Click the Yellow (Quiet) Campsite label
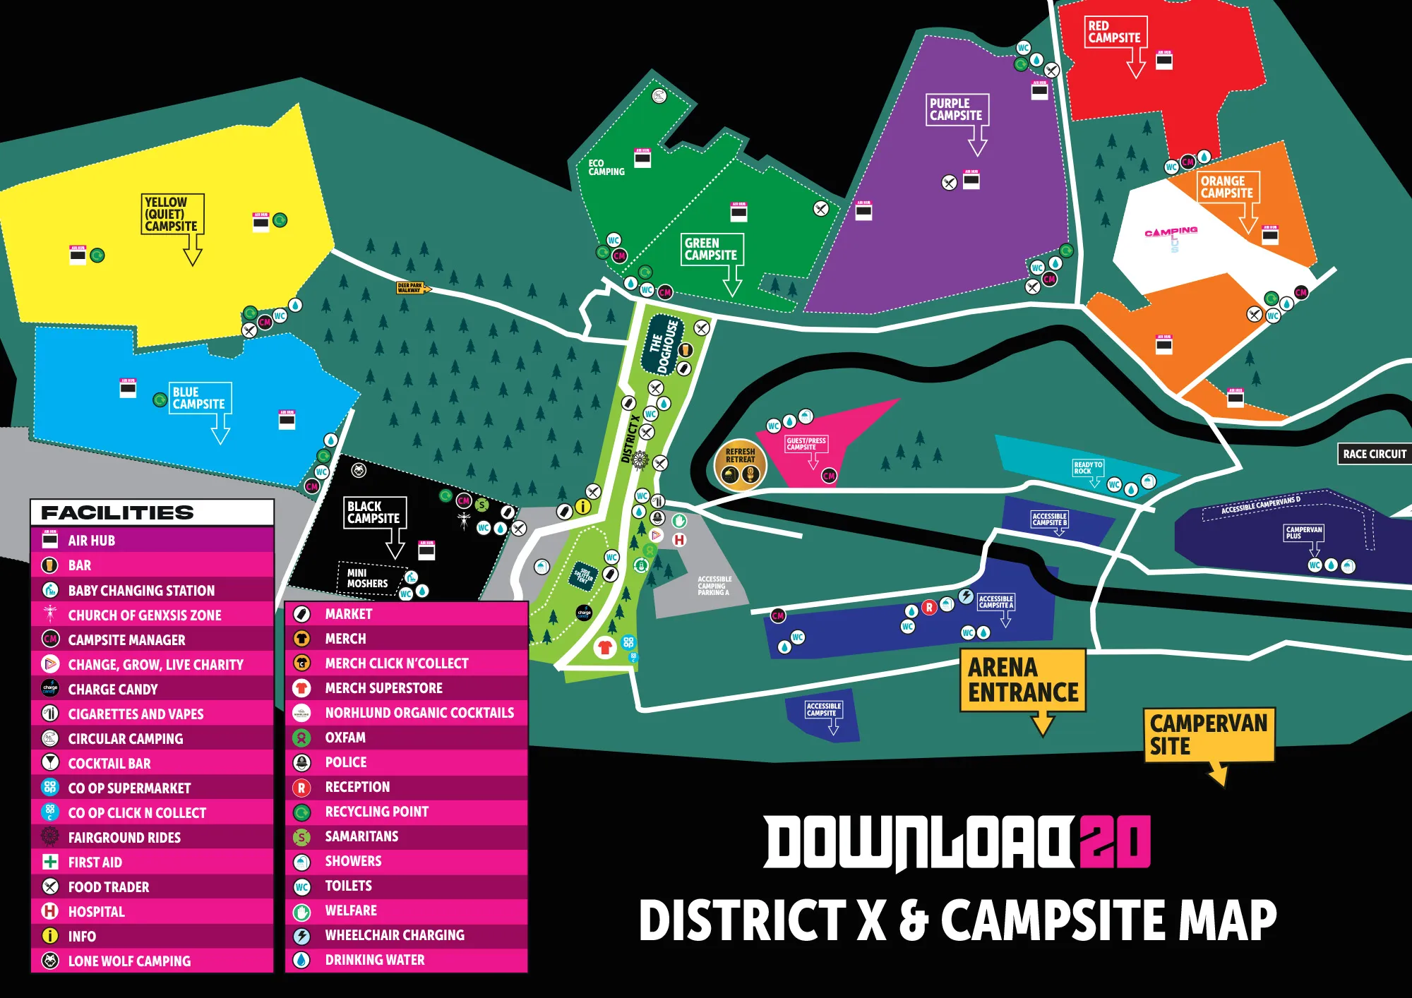tap(172, 214)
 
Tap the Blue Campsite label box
tap(200, 398)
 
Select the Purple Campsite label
tap(957, 109)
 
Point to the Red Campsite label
tap(1115, 32)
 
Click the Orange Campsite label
tap(1228, 187)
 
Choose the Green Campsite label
tap(712, 249)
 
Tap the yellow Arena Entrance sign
tap(1023, 680)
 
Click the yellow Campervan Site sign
tap(1208, 735)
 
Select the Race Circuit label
tap(1374, 454)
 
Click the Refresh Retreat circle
tap(740, 466)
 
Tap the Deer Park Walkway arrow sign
tap(412, 287)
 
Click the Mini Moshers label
tap(367, 578)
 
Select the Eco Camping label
tap(606, 167)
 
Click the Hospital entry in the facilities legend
tap(96, 911)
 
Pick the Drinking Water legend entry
tap(374, 960)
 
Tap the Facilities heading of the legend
tap(117, 512)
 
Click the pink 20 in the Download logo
tap(1115, 841)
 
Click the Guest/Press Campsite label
tap(806, 443)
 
